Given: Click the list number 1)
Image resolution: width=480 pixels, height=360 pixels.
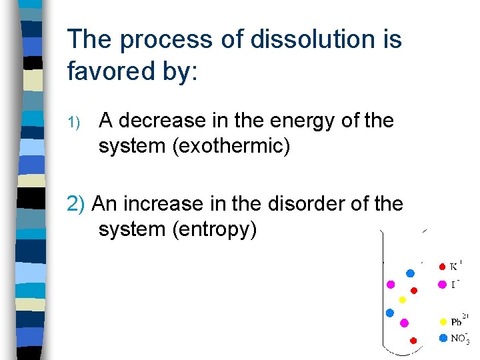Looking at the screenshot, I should click(74, 122).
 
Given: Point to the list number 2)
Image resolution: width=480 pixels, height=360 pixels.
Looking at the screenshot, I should click(77, 203).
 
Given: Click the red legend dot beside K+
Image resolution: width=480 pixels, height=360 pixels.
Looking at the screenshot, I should click(442, 267).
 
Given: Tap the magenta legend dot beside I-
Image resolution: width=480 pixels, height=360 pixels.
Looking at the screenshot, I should click(442, 285).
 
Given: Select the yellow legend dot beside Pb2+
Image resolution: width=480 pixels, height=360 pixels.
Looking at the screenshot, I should click(443, 321).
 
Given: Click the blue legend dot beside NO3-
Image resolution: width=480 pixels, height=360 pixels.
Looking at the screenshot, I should click(443, 337).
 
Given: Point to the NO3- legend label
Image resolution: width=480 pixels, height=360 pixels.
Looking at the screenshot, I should click(459, 338).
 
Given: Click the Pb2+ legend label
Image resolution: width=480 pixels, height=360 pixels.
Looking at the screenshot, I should click(459, 321).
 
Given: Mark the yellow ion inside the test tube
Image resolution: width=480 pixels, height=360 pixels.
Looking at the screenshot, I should click(402, 299).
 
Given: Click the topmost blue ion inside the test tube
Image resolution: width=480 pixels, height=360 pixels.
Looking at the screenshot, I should click(411, 273).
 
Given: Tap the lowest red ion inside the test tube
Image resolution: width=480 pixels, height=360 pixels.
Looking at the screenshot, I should click(413, 340).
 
